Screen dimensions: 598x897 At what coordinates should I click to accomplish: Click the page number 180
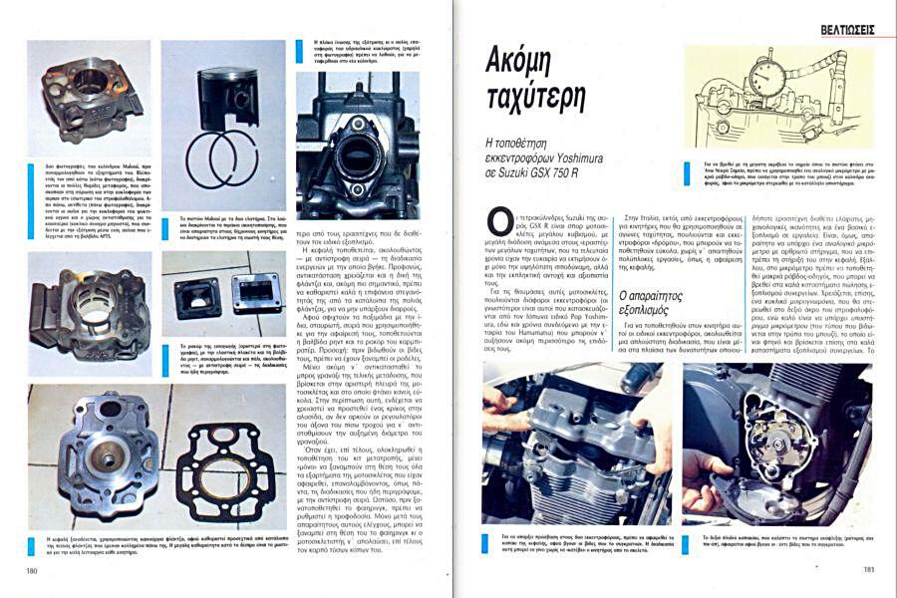click(33, 570)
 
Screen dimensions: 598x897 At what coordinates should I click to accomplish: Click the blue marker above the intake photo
click(289, 49)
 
